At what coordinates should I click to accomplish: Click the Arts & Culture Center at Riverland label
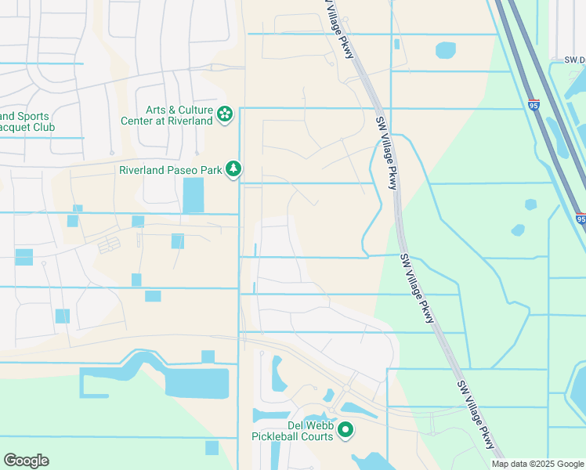point(168,115)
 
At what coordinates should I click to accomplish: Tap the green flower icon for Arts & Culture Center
point(225,115)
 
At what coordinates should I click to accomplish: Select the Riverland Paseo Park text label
point(170,169)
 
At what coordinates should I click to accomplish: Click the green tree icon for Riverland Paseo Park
point(233,168)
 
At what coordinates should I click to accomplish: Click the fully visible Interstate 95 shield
point(534,104)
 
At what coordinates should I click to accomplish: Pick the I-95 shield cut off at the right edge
point(581,219)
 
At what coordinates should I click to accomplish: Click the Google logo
point(26,461)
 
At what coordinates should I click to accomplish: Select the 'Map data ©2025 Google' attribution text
point(537,464)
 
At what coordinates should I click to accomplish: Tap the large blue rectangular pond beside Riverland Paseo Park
point(193,195)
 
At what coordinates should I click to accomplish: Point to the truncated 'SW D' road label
point(574,59)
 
